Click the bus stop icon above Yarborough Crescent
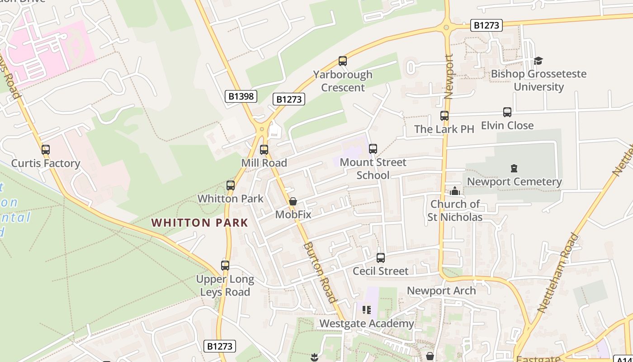(x=343, y=61)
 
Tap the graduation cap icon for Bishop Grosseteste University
(x=538, y=61)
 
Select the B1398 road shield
(x=241, y=96)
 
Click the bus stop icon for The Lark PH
(x=444, y=116)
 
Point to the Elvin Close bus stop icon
(x=507, y=112)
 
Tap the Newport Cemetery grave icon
(x=514, y=169)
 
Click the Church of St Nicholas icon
(x=455, y=191)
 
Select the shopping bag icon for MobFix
(x=293, y=201)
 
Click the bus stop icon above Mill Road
(x=264, y=150)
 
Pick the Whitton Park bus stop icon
(x=231, y=186)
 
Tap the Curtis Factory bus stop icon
(x=46, y=150)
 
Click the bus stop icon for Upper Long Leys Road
(x=225, y=266)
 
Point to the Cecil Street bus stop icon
(x=381, y=258)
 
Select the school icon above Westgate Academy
(x=367, y=310)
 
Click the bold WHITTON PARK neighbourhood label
(x=199, y=223)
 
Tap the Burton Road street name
(x=320, y=272)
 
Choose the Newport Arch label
(x=441, y=291)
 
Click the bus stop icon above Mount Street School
(x=373, y=149)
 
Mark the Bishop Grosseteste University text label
(x=539, y=80)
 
